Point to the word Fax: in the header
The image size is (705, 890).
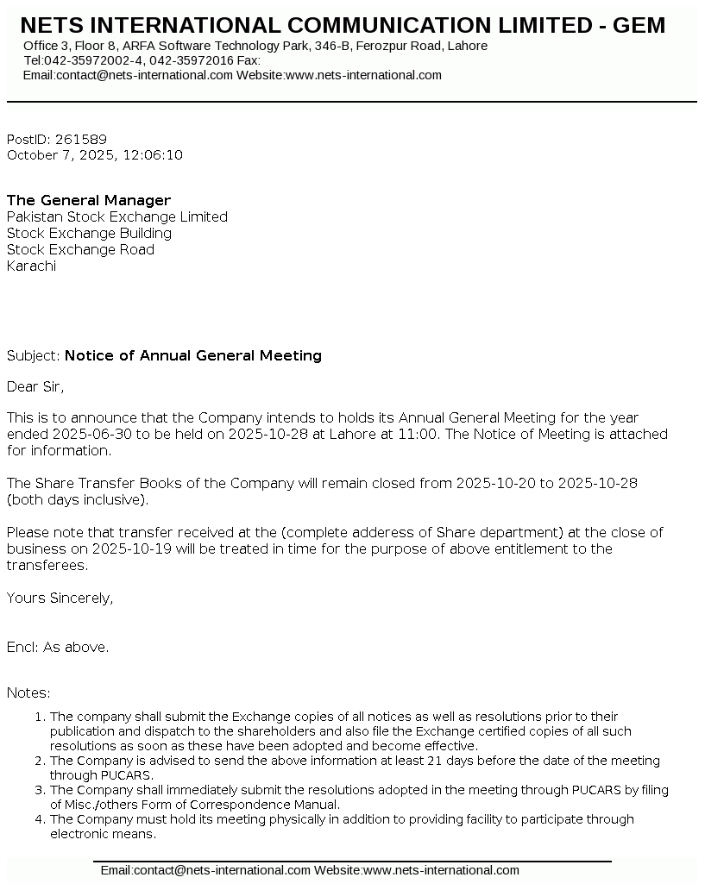tap(249, 60)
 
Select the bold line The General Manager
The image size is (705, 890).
tap(89, 201)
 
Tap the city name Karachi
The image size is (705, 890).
tap(31, 266)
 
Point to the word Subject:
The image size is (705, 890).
tap(34, 355)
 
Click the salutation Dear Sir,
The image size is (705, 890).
tap(35, 386)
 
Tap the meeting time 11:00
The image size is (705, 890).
tap(417, 435)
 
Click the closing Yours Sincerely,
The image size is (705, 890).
tap(60, 598)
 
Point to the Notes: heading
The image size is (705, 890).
tap(28, 693)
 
